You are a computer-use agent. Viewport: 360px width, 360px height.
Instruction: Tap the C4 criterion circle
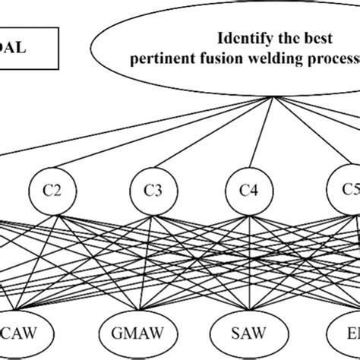coord(247,191)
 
